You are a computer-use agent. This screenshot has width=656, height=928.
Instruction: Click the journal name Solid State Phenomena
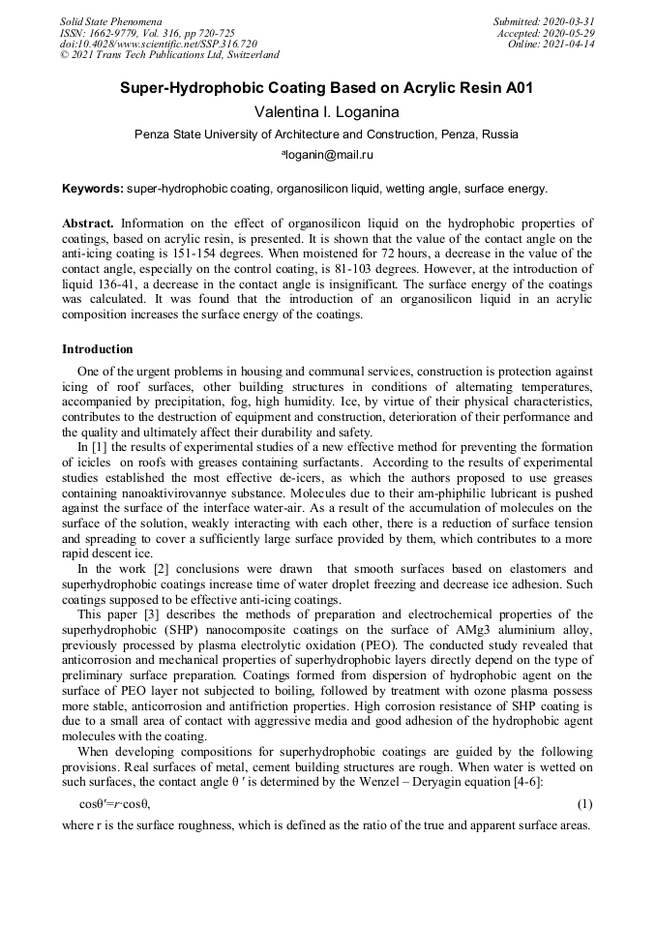110,20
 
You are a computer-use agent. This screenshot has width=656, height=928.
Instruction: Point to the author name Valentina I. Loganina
326,112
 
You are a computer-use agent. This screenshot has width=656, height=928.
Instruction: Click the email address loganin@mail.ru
328,154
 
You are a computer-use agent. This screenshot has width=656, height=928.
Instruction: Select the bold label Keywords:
93,189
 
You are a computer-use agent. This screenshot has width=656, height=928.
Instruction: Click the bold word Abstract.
88,223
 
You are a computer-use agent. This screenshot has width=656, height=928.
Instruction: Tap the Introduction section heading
98,349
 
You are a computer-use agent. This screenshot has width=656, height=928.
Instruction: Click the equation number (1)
584,804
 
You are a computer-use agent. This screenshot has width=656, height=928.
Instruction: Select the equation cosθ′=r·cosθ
114,804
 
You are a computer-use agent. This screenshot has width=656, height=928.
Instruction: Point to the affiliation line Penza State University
326,135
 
